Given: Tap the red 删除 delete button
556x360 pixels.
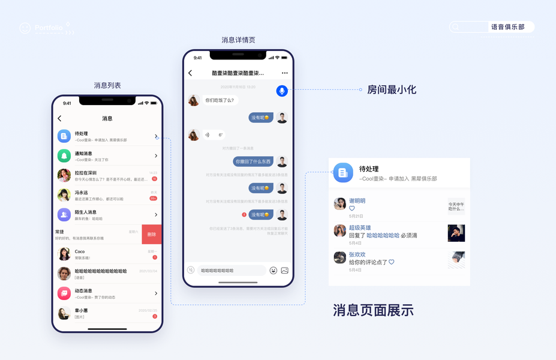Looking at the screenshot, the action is [151, 235].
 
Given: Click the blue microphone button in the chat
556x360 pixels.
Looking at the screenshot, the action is [282, 91].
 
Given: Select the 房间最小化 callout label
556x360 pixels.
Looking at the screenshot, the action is [392, 90].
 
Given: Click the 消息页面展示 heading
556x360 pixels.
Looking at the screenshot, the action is [373, 310].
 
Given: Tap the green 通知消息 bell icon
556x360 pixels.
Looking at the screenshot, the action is [64, 156].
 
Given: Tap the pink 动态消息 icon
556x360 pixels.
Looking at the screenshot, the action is [64, 293].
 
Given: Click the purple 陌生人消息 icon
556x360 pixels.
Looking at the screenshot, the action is [64, 215].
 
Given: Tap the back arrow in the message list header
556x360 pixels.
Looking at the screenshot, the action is [59, 119].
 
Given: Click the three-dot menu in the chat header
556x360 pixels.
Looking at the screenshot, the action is [284, 73].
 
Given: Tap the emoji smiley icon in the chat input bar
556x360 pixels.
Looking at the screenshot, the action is [274, 271].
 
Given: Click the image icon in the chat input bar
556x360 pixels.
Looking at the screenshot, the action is [285, 271].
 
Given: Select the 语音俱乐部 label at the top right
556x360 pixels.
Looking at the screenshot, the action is [507, 27].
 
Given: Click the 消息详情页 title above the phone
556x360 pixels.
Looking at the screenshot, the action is [238, 40].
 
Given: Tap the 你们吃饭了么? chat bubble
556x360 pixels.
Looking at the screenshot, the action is [220, 100].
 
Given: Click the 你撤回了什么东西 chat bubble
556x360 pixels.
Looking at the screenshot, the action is [253, 162].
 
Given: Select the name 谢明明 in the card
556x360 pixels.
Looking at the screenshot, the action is [357, 201].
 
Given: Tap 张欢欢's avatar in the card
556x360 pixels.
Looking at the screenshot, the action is [339, 257].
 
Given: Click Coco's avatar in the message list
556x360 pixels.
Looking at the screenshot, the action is [64, 254].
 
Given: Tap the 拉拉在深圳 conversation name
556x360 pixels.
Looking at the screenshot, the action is [86, 173].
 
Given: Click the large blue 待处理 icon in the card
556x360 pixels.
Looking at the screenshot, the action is [343, 173].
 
